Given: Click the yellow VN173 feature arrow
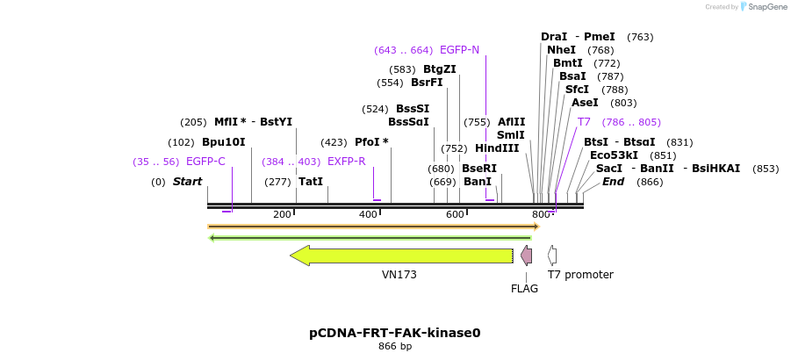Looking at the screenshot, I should tap(401, 256).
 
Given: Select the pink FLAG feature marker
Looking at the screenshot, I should tap(526, 256).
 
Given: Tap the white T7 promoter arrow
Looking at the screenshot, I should tap(552, 256).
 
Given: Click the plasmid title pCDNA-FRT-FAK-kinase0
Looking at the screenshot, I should tap(395, 333).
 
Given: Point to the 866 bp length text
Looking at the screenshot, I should tap(395, 347).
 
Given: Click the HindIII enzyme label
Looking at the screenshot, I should tap(497, 148).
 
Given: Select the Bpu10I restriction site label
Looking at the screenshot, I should tap(224, 142).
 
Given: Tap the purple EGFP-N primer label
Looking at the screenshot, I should tap(459, 50).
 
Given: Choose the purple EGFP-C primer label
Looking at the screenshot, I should tap(205, 162).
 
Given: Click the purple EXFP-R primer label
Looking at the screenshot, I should tap(346, 162).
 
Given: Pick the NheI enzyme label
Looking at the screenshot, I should tap(561, 50).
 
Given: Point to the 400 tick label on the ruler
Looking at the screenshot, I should tap(369, 214).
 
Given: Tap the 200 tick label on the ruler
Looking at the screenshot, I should tap(282, 214).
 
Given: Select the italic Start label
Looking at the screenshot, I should tap(187, 182).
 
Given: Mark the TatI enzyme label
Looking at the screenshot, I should tap(311, 182).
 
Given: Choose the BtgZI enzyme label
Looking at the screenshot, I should tap(440, 69).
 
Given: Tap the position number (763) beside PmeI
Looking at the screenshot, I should tap(640, 37).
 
